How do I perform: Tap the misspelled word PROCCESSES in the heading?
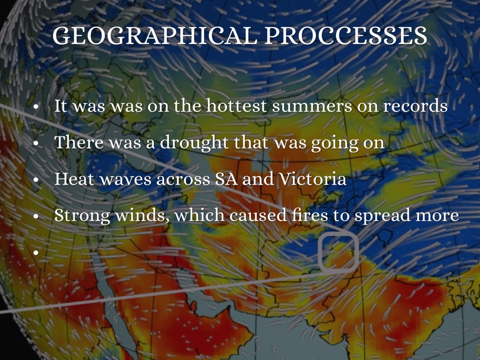coord(345,36)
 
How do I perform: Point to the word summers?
coord(312,106)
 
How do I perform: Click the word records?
coord(415,105)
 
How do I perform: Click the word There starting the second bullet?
coord(79,142)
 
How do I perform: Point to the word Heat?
coord(74,179)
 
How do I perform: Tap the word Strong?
coord(82,216)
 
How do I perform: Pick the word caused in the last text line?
coord(258,215)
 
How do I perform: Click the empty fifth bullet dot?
coord(36,253)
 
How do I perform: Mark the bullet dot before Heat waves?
coord(36,180)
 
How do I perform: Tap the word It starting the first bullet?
coord(60,105)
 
